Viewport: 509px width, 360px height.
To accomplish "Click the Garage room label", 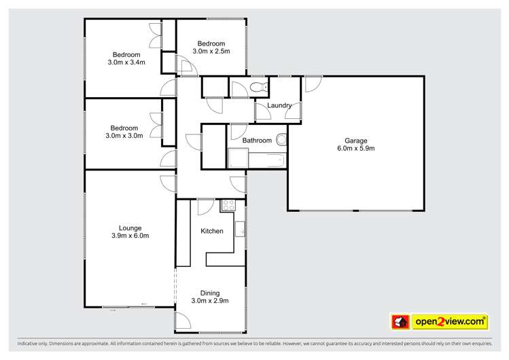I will (355, 140).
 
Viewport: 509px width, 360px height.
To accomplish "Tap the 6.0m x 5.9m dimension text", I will (355, 149).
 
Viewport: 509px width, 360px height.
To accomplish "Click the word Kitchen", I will (211, 232).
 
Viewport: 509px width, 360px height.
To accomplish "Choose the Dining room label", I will (209, 292).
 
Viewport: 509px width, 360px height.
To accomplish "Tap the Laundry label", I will (280, 106).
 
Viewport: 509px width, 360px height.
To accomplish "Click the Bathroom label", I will (257, 141).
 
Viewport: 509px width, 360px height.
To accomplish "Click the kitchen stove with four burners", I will (228, 204).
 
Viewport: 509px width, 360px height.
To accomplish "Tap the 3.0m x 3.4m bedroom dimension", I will (126, 63).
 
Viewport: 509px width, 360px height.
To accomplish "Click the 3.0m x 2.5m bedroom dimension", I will (211, 51).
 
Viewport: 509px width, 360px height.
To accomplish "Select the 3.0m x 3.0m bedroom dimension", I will (125, 136).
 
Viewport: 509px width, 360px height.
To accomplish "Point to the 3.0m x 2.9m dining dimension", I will (209, 301).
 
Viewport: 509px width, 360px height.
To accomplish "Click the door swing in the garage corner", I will (311, 84).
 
